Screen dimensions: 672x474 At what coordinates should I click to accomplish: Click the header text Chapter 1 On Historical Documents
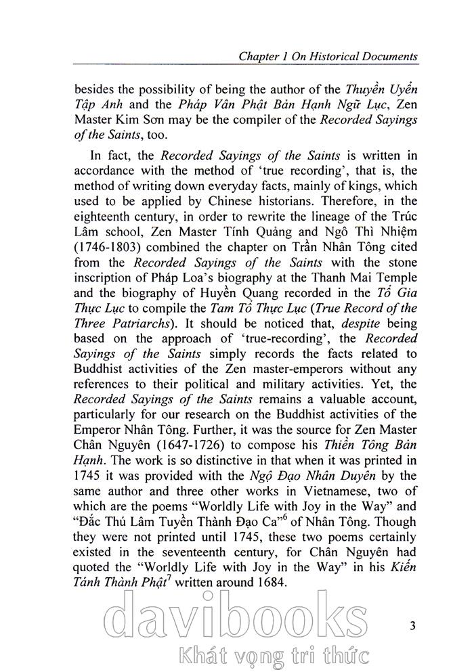[x=328, y=56]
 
